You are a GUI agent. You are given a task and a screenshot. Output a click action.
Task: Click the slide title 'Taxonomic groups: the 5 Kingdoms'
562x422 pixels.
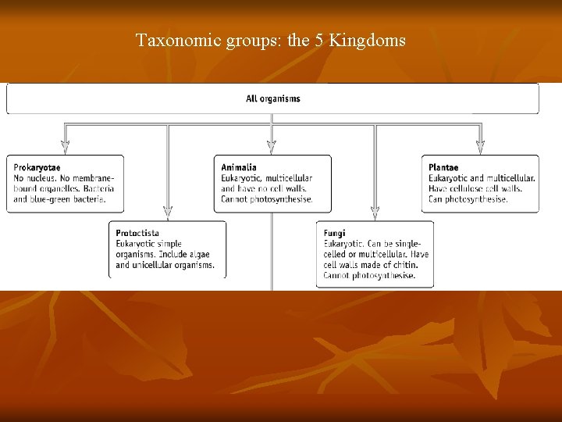270,40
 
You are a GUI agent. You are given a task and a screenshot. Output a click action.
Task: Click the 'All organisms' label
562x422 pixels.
272,98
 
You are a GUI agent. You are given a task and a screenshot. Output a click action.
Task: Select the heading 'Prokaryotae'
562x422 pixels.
37,167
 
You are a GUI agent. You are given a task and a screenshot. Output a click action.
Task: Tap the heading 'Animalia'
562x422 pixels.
238,167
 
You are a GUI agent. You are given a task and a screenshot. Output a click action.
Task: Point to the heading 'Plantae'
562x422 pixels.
443,167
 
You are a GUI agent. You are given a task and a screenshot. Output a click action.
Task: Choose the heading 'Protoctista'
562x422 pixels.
137,233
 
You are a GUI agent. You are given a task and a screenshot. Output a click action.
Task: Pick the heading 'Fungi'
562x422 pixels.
334,233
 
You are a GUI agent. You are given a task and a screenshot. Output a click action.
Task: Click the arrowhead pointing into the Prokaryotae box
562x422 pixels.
65,145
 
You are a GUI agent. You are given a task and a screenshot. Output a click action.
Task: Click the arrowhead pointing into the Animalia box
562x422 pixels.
272,145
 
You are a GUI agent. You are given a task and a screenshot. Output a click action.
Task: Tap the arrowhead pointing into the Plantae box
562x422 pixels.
480,145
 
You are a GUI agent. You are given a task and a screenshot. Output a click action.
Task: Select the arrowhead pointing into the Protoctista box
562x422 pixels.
167,211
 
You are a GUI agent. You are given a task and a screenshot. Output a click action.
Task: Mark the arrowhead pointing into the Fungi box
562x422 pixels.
375,211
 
